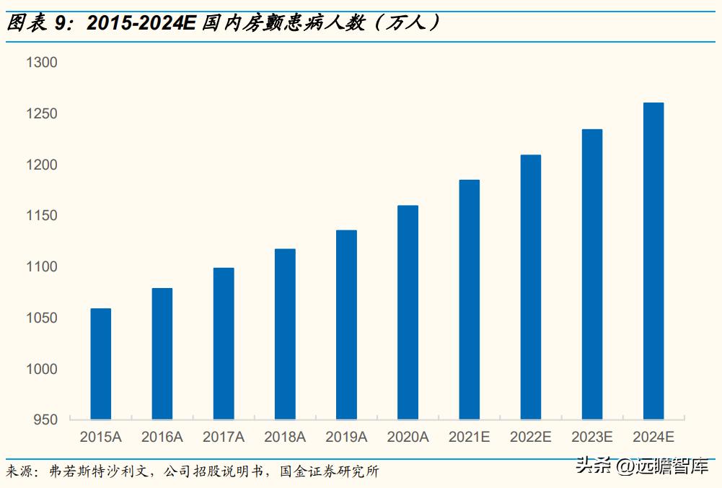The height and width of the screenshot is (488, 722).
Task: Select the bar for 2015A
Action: pos(100,364)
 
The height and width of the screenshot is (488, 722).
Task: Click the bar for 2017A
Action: pos(224,344)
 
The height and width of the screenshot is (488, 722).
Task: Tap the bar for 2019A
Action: pos(346,325)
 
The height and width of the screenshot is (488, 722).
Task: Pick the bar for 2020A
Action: pos(408,313)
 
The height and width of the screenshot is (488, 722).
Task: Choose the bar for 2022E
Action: pos(530,287)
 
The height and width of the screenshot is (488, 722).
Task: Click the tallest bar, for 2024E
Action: pos(653,261)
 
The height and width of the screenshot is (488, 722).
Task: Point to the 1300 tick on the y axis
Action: pos(41,64)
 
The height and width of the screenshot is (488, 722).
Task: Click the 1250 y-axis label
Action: pos(41,114)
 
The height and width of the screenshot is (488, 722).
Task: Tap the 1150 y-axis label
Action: pos(41,216)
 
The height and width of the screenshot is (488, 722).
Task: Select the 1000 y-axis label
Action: pos(41,369)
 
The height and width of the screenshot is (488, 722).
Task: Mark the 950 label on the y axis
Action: pos(45,419)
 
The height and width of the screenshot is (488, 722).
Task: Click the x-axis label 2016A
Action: pos(162,437)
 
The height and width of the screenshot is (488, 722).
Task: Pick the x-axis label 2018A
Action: pos(285,437)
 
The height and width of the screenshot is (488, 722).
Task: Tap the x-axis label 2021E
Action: pos(469,437)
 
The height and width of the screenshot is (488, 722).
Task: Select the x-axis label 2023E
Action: pos(591,437)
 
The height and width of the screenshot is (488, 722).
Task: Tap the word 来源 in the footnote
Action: pos(22,472)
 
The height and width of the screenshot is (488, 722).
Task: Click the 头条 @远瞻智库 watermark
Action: pos(641,467)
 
